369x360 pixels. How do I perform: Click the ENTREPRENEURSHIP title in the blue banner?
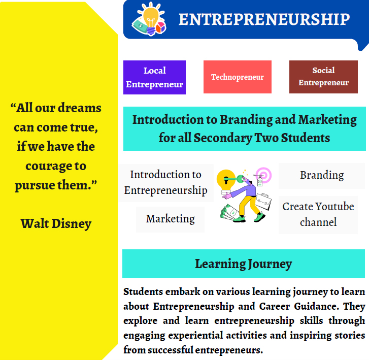click(264, 19)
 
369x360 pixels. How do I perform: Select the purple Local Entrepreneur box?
click(154, 77)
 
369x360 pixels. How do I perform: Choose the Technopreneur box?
click(237, 77)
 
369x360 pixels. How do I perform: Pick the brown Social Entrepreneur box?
click(323, 77)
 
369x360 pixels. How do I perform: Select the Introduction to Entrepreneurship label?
click(165, 183)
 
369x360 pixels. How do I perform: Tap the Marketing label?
click(170, 219)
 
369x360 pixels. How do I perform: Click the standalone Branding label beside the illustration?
click(322, 175)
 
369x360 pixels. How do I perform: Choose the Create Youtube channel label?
click(318, 214)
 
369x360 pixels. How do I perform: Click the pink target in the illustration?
click(263, 176)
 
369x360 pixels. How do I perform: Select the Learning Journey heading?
click(243, 264)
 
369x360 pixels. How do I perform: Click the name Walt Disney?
click(56, 223)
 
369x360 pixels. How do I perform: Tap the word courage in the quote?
click(50, 166)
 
